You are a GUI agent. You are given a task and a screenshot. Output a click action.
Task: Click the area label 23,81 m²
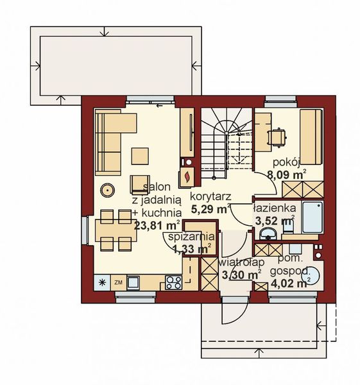click(x=156, y=225)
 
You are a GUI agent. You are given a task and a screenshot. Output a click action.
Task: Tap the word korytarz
click(x=210, y=196)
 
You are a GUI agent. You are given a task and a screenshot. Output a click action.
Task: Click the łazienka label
click(x=274, y=209)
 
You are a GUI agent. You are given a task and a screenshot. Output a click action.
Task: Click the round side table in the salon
click(x=107, y=190)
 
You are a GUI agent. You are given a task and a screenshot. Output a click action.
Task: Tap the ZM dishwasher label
click(x=118, y=281)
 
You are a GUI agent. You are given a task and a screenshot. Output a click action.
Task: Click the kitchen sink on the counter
click(x=134, y=281)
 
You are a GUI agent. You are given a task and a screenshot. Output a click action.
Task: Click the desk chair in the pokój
click(x=277, y=137)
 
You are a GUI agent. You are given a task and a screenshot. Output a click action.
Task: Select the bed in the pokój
click(x=310, y=136)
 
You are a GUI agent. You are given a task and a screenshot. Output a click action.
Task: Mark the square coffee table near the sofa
click(x=140, y=156)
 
